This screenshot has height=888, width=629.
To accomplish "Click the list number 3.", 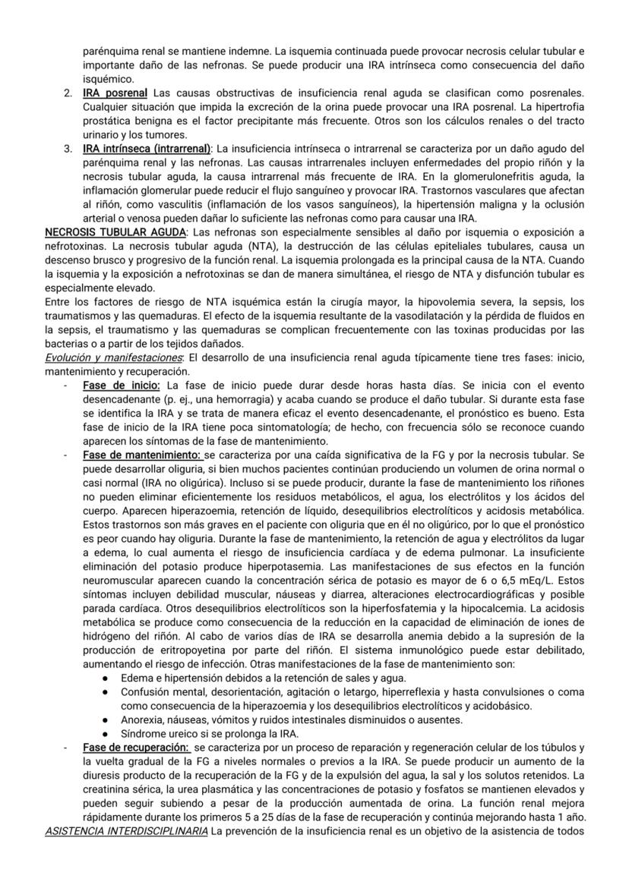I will [68, 147].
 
